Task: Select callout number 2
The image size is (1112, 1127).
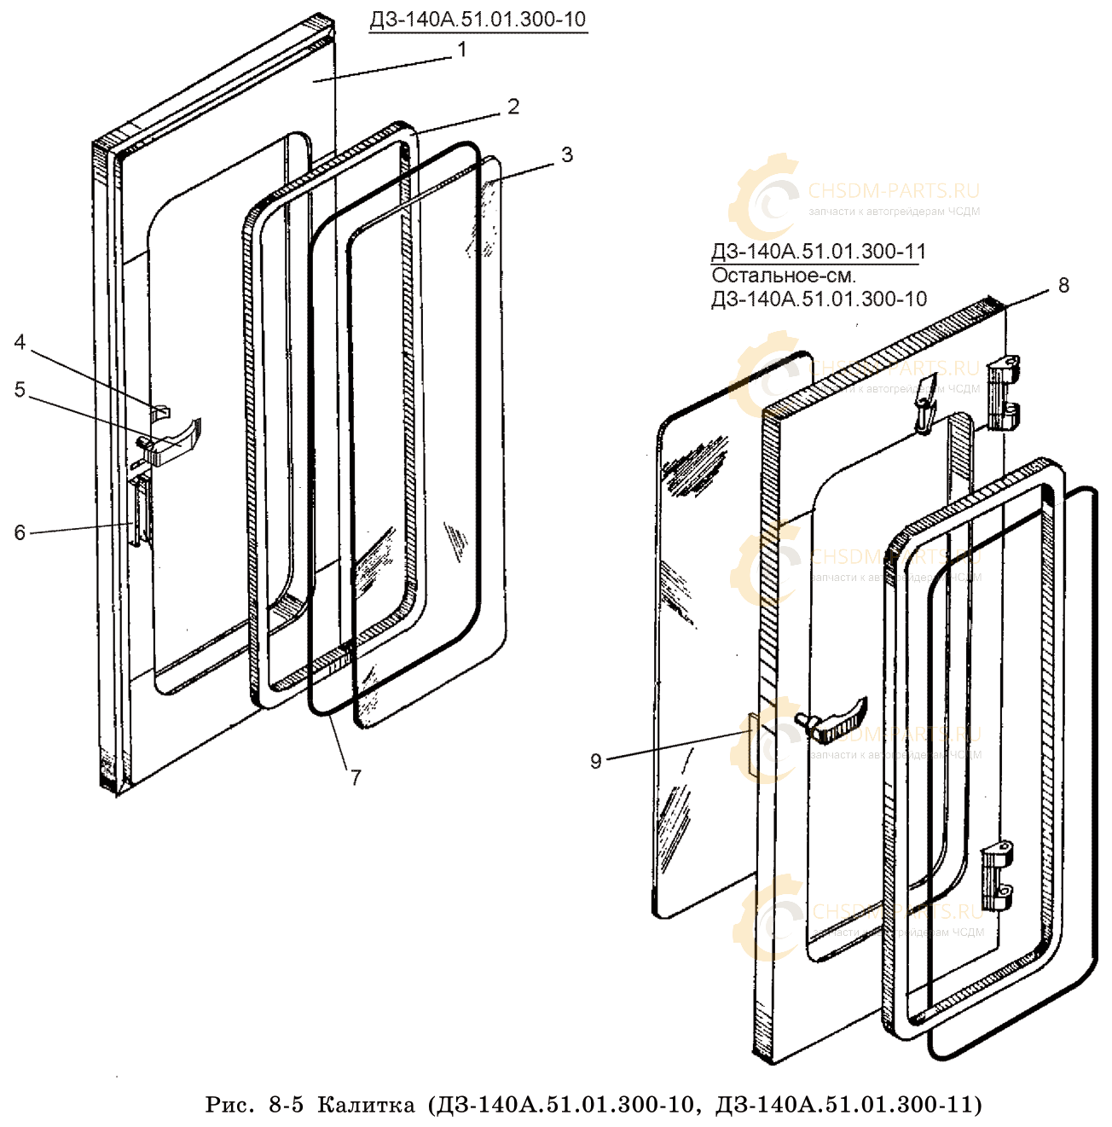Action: [x=513, y=107]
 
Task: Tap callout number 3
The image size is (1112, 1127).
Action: [x=566, y=155]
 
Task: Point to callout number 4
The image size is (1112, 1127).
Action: [x=20, y=343]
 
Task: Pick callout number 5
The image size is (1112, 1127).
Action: [x=20, y=390]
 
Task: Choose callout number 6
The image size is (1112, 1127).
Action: [x=20, y=532]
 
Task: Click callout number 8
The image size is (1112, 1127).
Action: [x=1063, y=285]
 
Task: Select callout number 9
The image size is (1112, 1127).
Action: [x=596, y=760]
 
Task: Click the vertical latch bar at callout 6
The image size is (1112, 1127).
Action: [x=141, y=509]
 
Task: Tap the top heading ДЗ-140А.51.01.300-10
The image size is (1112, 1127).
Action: [x=478, y=19]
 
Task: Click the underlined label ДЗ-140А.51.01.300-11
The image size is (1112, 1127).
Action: [x=818, y=252]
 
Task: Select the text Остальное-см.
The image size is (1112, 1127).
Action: [x=783, y=276]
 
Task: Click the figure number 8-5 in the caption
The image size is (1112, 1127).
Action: [x=286, y=1105]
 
